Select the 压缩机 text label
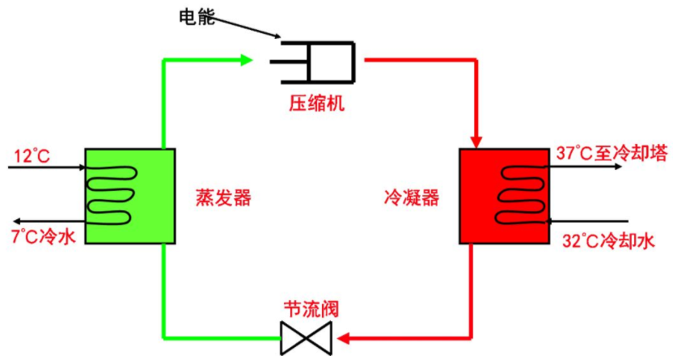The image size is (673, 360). (x=317, y=104)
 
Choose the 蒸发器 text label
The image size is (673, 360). (x=222, y=197)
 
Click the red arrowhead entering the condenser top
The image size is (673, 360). (x=477, y=142)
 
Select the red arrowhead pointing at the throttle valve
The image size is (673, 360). (x=344, y=337)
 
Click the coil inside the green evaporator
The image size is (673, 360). (x=111, y=195)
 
